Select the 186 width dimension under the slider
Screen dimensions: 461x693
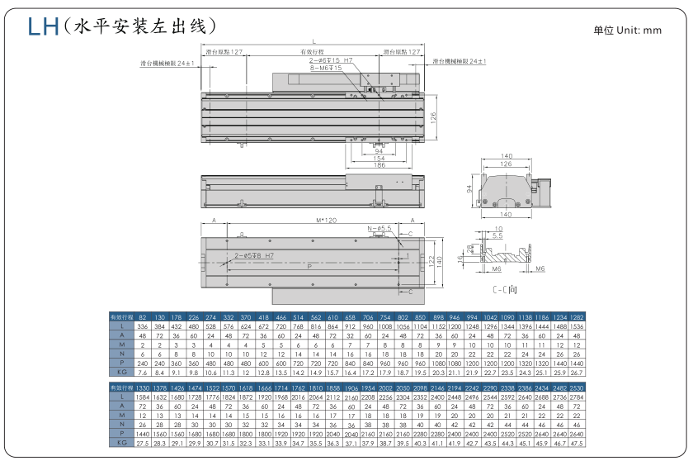[379, 165]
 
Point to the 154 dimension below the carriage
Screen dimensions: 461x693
[379, 158]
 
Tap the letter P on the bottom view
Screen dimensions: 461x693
[309, 267]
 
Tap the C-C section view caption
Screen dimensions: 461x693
[504, 291]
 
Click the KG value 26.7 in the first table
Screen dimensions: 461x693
[577, 373]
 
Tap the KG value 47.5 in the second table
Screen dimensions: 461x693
[577, 444]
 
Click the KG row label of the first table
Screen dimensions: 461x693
[120, 373]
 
